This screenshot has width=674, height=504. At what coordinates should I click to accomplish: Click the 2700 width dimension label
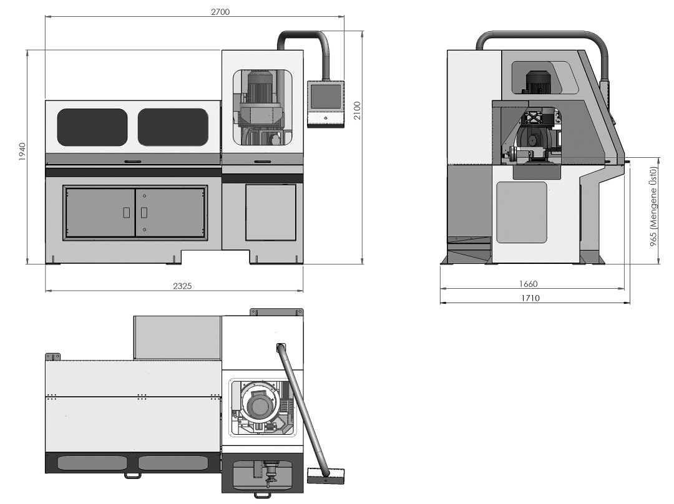point(220,12)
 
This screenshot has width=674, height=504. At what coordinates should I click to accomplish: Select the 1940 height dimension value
point(22,152)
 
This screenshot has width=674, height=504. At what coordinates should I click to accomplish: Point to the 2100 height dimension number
point(357,110)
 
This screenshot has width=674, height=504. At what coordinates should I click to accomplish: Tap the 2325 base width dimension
point(182,286)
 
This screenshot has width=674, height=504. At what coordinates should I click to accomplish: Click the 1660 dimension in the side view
point(529,284)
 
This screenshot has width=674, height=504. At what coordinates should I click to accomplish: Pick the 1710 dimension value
point(530,298)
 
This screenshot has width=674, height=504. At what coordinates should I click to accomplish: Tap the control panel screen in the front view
point(325,96)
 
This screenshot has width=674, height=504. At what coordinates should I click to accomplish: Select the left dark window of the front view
point(92,127)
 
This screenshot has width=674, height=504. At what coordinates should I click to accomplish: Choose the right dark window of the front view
point(173,127)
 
